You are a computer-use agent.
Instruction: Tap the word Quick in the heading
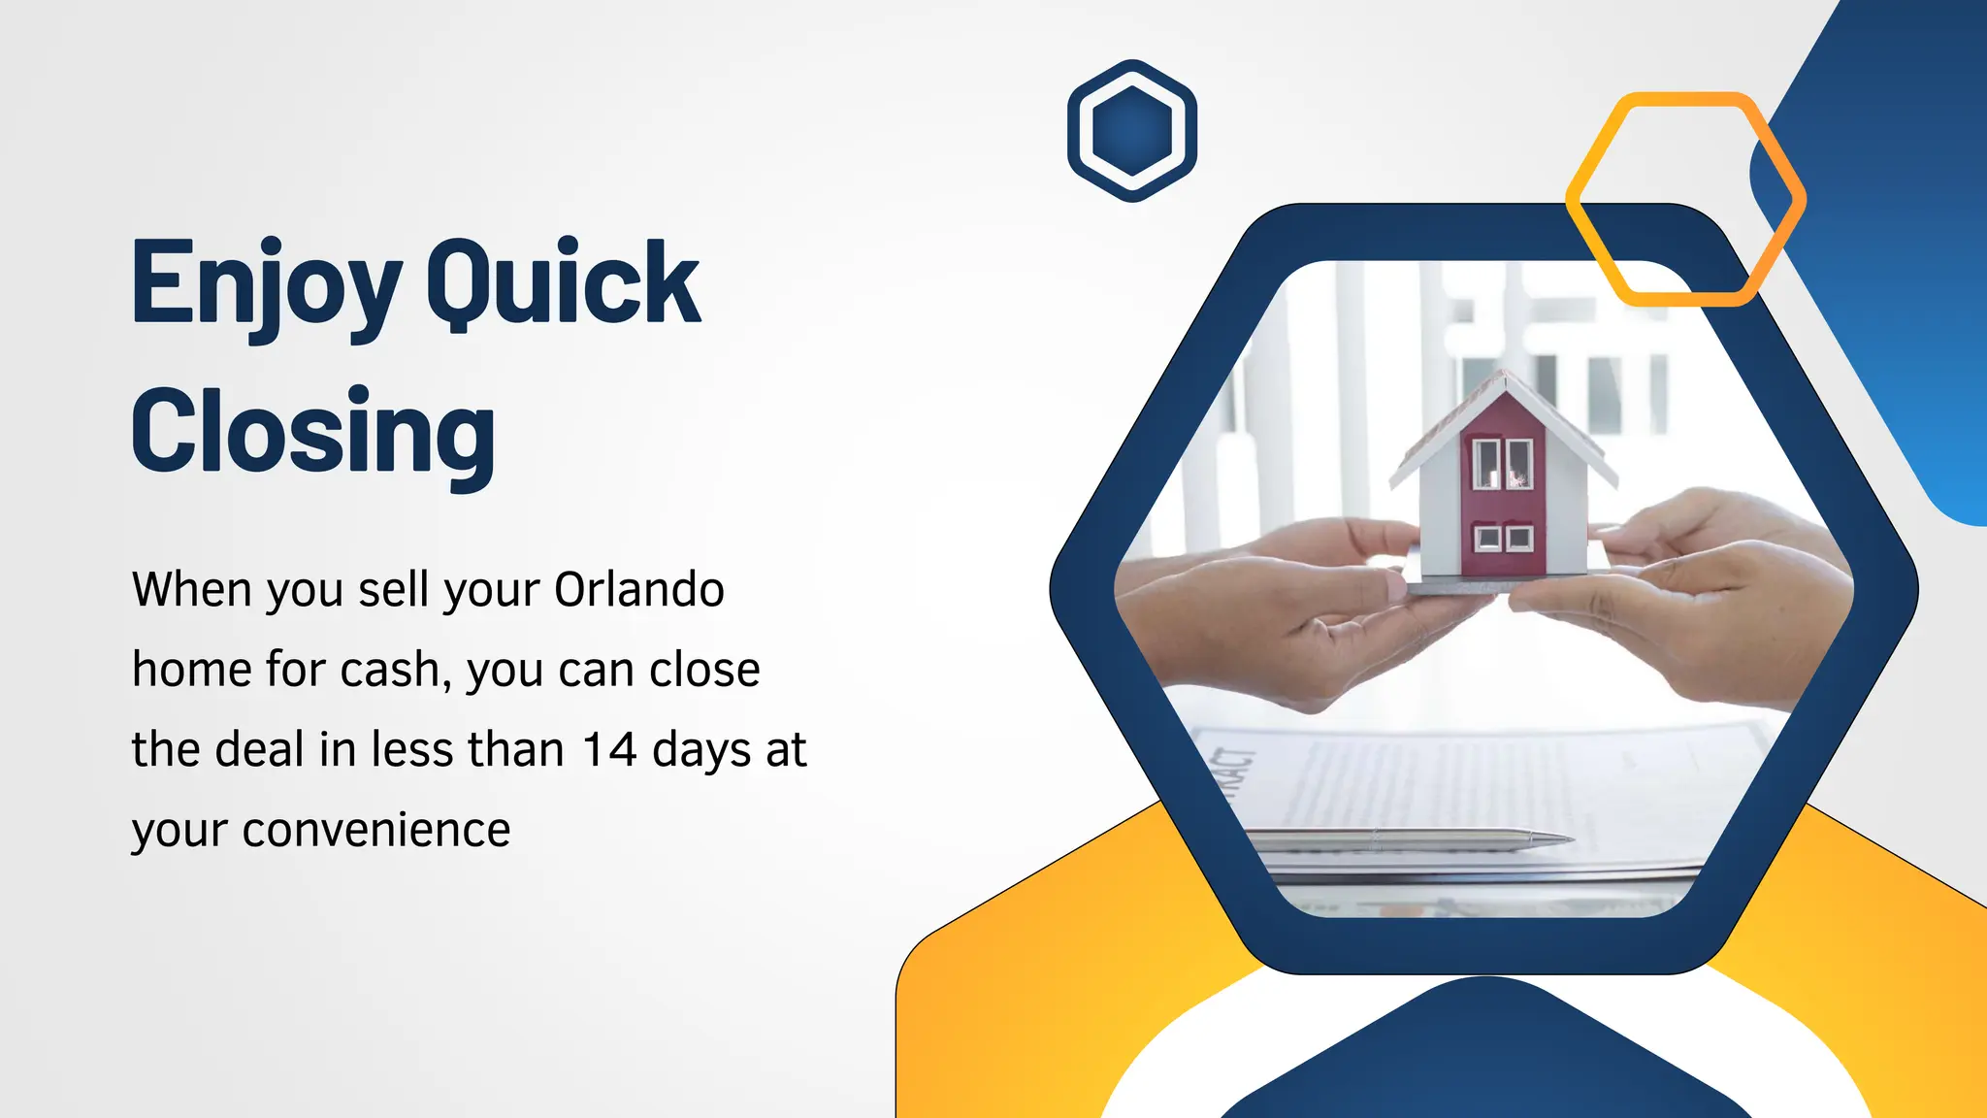[563, 283]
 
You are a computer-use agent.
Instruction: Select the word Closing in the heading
[313, 431]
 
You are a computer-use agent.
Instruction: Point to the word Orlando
[639, 589]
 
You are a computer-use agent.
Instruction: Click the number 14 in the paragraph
[610, 749]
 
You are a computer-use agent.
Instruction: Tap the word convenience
[376, 830]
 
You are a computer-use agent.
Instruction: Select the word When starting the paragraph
[191, 589]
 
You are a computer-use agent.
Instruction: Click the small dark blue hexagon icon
[1131, 130]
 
